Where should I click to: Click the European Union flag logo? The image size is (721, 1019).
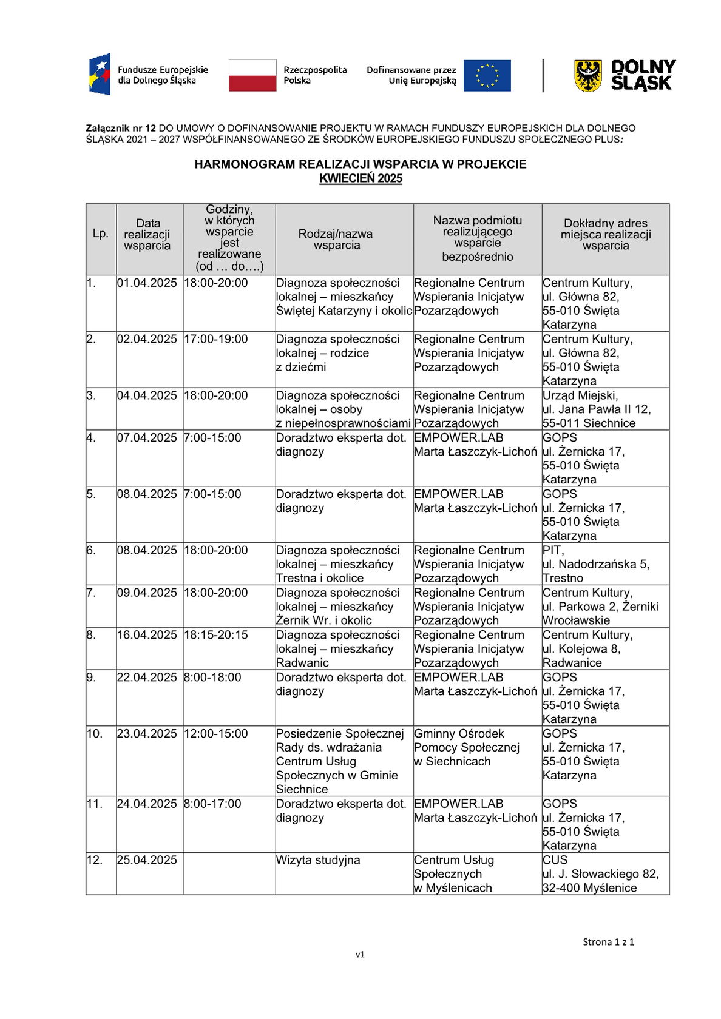[487, 76]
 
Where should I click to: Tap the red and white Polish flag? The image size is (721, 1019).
[252, 76]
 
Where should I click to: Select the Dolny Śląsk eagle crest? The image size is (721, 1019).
[587, 76]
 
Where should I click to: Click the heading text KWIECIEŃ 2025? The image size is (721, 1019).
[360, 178]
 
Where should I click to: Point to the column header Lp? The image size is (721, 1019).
[100, 234]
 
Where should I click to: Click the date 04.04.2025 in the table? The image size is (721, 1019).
[147, 395]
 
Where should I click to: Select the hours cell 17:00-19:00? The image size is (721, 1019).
[216, 339]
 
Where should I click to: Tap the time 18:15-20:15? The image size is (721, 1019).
[216, 635]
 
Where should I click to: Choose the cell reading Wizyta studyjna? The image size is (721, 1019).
[318, 860]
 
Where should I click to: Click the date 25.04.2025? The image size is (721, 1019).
[147, 860]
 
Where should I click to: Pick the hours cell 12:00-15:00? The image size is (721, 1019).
[216, 733]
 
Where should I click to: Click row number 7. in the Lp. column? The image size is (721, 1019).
[91, 593]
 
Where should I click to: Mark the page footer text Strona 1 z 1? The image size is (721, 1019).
[608, 942]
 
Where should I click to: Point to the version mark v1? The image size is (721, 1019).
[360, 954]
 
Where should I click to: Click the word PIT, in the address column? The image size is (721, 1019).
[553, 550]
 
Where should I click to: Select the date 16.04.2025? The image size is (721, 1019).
[147, 635]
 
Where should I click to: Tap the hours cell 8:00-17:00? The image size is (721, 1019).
[212, 804]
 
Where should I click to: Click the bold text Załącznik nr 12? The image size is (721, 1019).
[121, 129]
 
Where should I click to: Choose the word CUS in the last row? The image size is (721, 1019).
[555, 860]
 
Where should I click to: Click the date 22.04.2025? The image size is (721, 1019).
[147, 678]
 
